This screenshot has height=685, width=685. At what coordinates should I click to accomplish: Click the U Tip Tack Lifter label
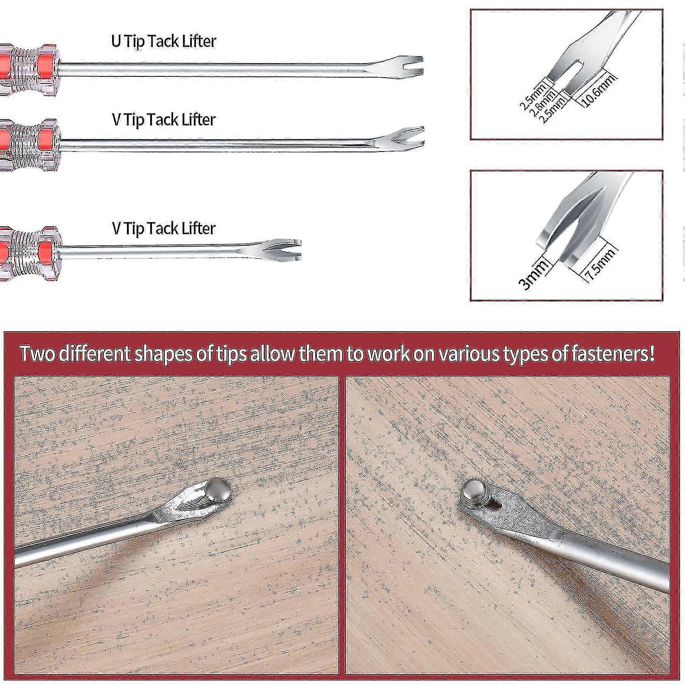[164, 41]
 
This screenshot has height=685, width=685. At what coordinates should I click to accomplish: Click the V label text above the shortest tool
[164, 228]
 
